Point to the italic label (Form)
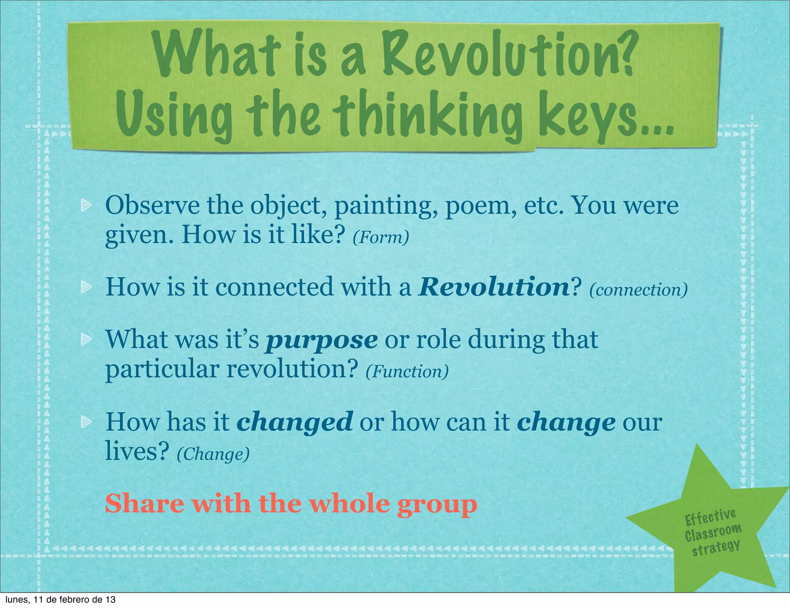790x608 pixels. click(381, 237)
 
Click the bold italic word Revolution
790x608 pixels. click(493, 287)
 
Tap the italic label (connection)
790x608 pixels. click(638, 290)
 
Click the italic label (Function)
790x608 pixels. click(407, 371)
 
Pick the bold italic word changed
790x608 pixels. click(294, 422)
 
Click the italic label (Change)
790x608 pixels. click(213, 454)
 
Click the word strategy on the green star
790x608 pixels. click(716, 548)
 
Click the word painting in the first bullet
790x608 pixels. click(386, 206)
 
